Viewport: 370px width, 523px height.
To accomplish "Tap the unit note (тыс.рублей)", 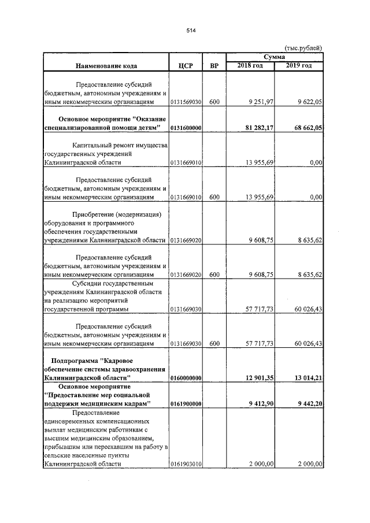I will point(303,49).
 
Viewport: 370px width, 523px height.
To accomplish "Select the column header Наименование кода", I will point(105,66).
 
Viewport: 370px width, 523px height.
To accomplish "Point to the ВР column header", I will point(214,66).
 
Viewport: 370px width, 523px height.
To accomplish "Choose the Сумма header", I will point(274,57).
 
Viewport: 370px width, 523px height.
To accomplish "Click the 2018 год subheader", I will point(250,65).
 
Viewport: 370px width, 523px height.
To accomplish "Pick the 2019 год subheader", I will point(299,65).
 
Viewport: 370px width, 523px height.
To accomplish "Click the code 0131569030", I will point(186,102).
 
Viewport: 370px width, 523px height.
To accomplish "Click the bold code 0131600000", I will point(186,127).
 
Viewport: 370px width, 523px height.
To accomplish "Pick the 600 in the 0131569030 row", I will point(214,102).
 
